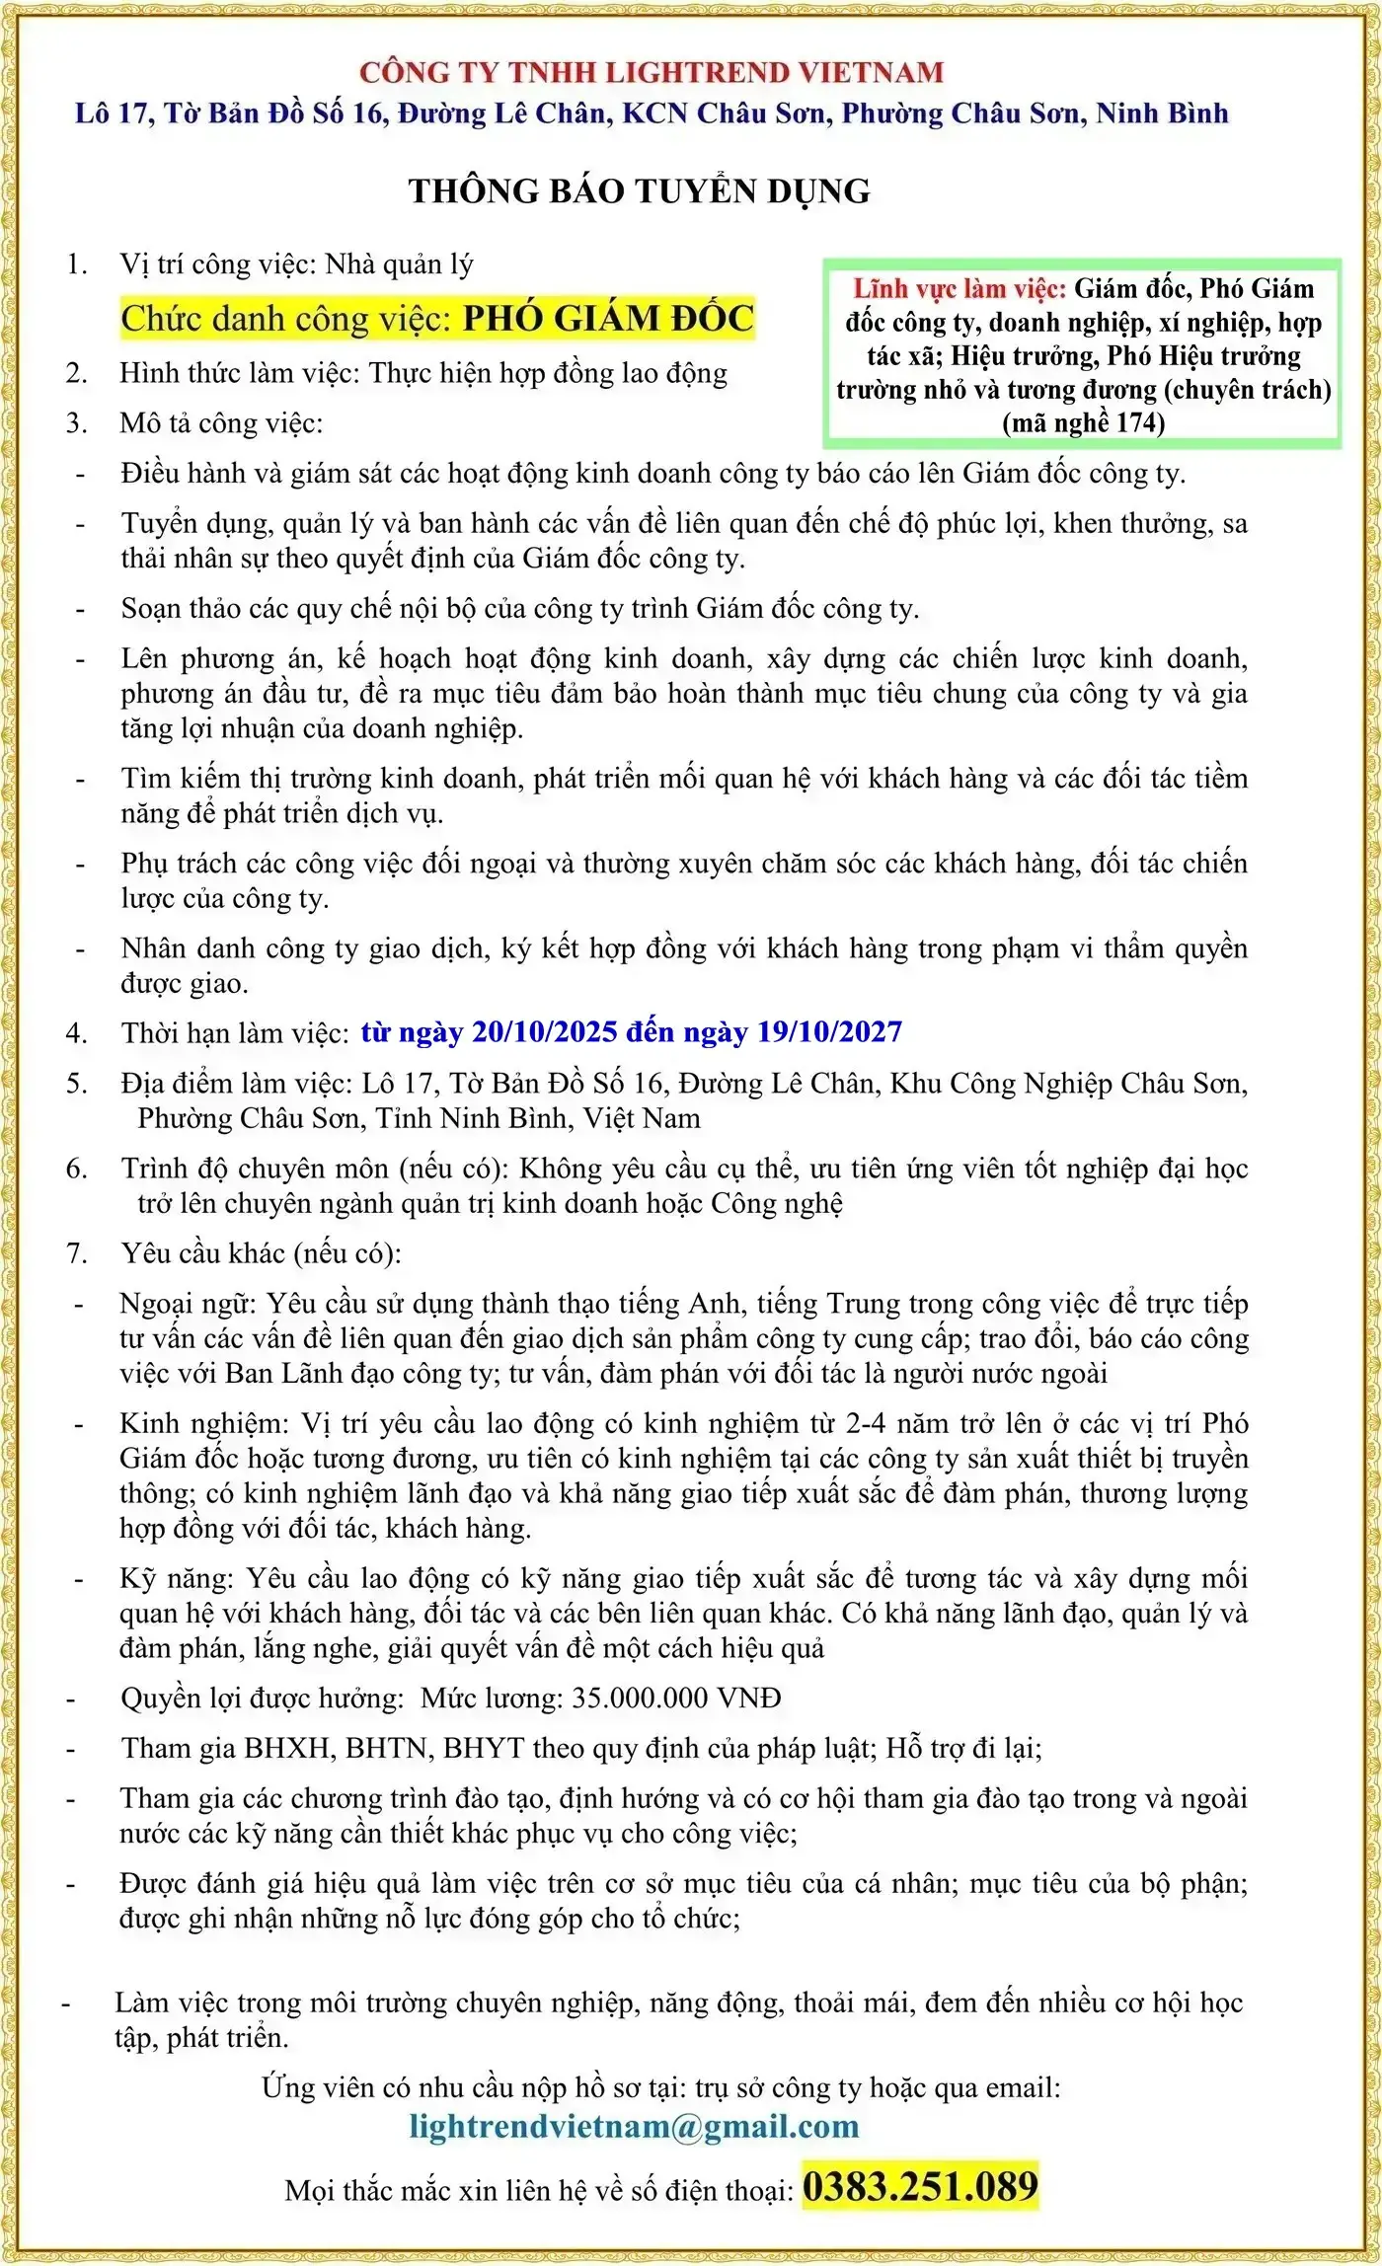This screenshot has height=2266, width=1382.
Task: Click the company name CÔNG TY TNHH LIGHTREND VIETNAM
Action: (652, 72)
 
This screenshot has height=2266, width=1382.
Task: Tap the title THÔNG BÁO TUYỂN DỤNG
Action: (640, 190)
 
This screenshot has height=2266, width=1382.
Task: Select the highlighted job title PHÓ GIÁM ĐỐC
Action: (608, 318)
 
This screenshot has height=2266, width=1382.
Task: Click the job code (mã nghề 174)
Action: (1084, 422)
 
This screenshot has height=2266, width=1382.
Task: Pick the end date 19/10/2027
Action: (829, 1032)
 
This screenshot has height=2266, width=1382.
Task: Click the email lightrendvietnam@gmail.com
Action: (634, 2125)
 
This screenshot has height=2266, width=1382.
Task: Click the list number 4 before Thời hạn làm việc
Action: (76, 1033)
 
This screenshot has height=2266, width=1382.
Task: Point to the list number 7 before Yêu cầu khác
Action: (76, 1253)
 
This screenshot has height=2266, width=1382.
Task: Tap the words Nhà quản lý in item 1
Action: (399, 264)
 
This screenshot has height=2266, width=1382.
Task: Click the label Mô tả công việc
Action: (220, 423)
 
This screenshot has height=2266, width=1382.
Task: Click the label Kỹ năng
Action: (177, 1578)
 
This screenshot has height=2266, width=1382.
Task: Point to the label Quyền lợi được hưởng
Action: (262, 1698)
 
